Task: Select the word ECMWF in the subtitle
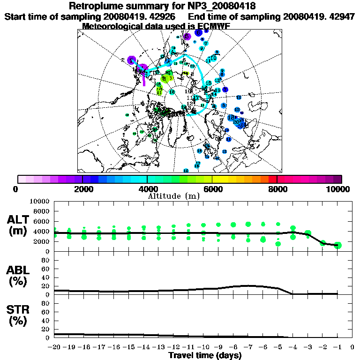coord(214,26)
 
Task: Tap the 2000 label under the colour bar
coord(82,189)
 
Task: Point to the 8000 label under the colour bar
coord(277,189)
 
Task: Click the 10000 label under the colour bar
coord(339,189)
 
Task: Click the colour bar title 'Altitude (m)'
coord(173,196)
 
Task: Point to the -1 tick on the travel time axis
coord(337,347)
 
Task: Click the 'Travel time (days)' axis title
coord(205,355)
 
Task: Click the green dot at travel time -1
coord(338,245)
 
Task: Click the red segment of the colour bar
coord(273,179)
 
